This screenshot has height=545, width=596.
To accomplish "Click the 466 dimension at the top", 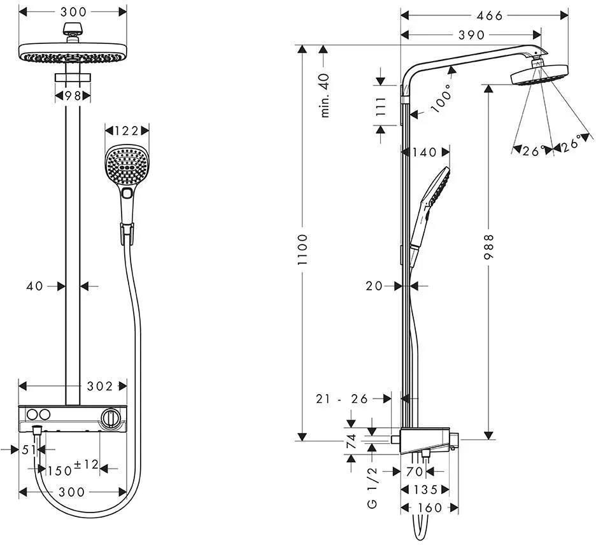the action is pos(490,15).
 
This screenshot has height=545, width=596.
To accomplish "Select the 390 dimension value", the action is pos(472,35).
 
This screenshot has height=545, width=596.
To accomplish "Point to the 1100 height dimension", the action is pos(302,250).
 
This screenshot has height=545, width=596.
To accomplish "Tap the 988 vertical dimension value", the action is pos(488,247).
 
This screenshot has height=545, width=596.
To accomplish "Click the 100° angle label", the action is pos(442,97).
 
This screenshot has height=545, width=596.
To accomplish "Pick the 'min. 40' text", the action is pos(324,95).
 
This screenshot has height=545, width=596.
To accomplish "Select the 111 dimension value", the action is pos(380,106).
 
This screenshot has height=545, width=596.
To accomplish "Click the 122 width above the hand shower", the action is pos(127,131).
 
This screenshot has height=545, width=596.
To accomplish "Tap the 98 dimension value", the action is pos(73,96).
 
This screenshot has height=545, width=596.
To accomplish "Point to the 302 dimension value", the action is pos(100,386).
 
